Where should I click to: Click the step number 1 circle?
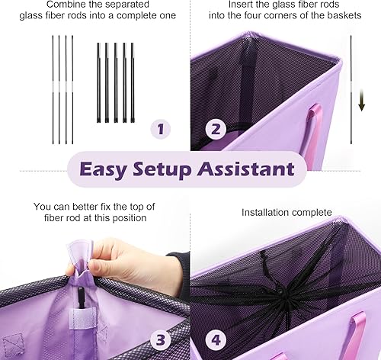click(159, 130)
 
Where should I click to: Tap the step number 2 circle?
click(215, 130)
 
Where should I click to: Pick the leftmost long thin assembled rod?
click(53, 88)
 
